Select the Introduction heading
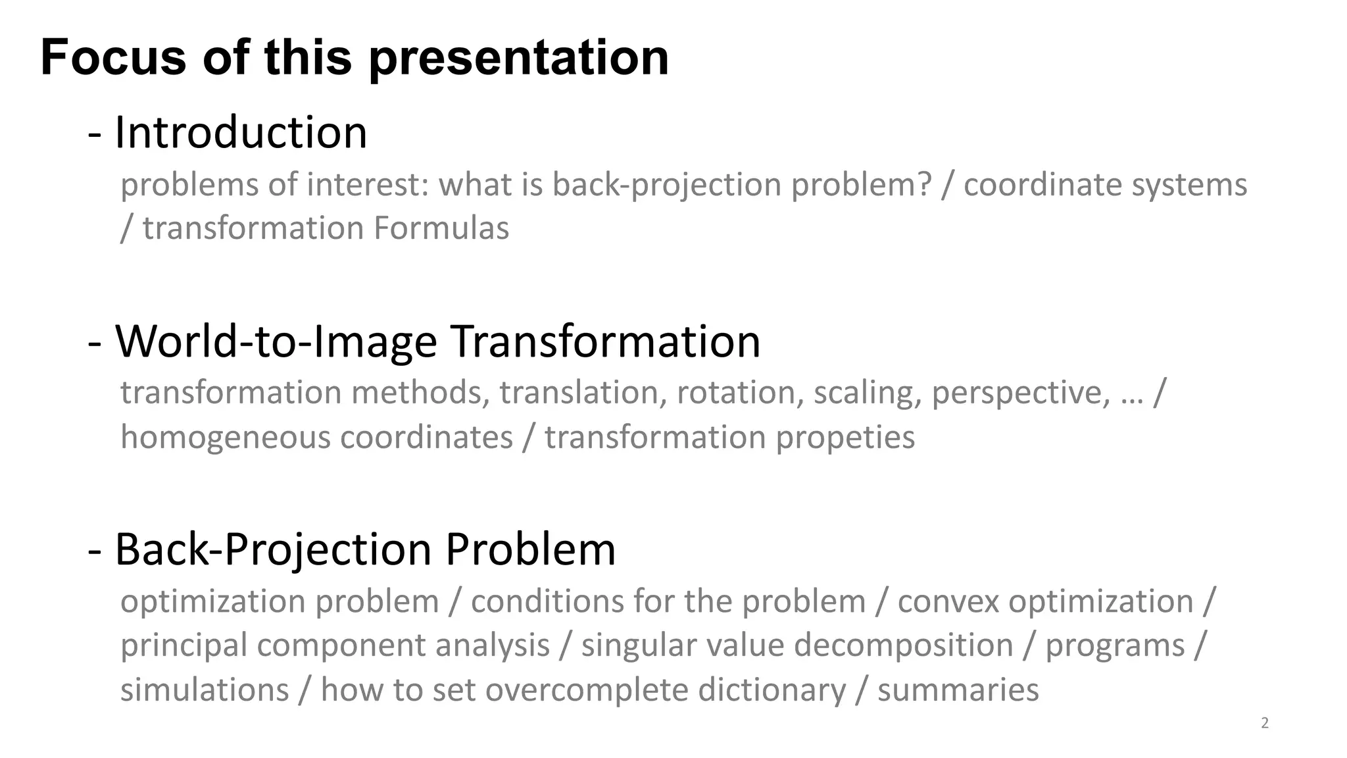[x=241, y=132]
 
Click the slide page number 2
[x=1264, y=723]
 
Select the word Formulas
[x=441, y=228]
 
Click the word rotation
[x=736, y=393]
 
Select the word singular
[x=631, y=645]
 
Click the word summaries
[x=958, y=690]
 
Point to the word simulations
[x=205, y=690]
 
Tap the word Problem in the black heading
[x=530, y=549]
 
